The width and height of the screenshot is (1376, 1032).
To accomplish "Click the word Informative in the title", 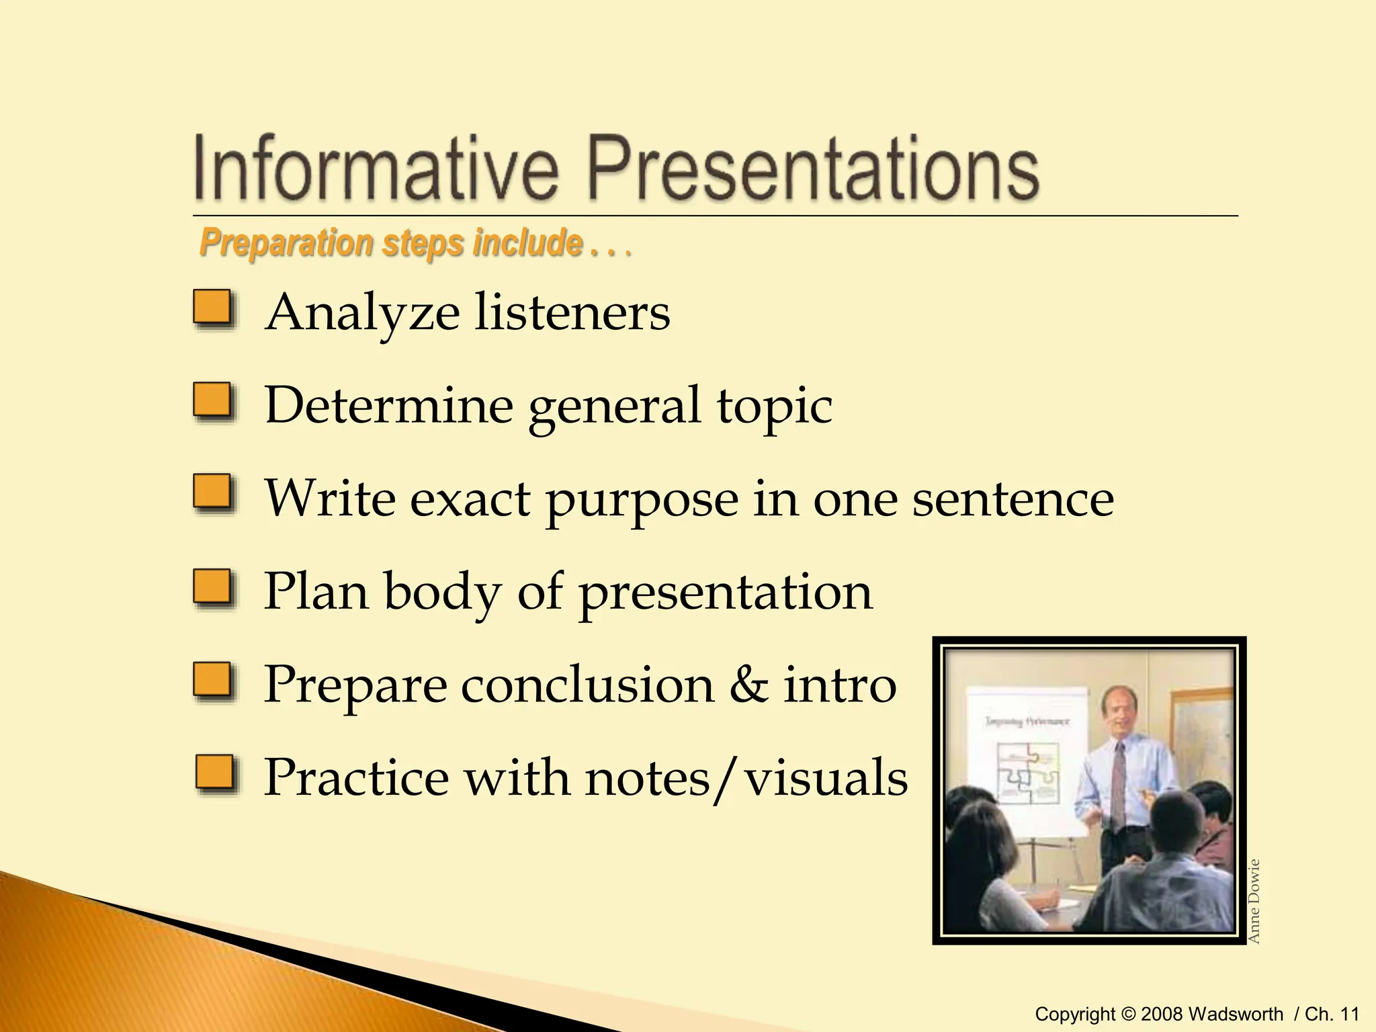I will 376,166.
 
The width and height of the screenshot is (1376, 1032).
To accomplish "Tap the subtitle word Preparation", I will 286,243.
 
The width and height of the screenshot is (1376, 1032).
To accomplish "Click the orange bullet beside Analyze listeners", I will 214,308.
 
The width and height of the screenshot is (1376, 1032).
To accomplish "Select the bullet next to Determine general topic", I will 214,401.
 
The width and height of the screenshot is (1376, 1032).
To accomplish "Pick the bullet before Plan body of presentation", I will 214,587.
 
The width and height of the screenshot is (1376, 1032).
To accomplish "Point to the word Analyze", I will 362,313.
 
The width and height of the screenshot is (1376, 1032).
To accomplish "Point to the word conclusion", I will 588,685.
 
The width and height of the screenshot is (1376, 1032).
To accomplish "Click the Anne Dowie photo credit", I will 1254,901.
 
